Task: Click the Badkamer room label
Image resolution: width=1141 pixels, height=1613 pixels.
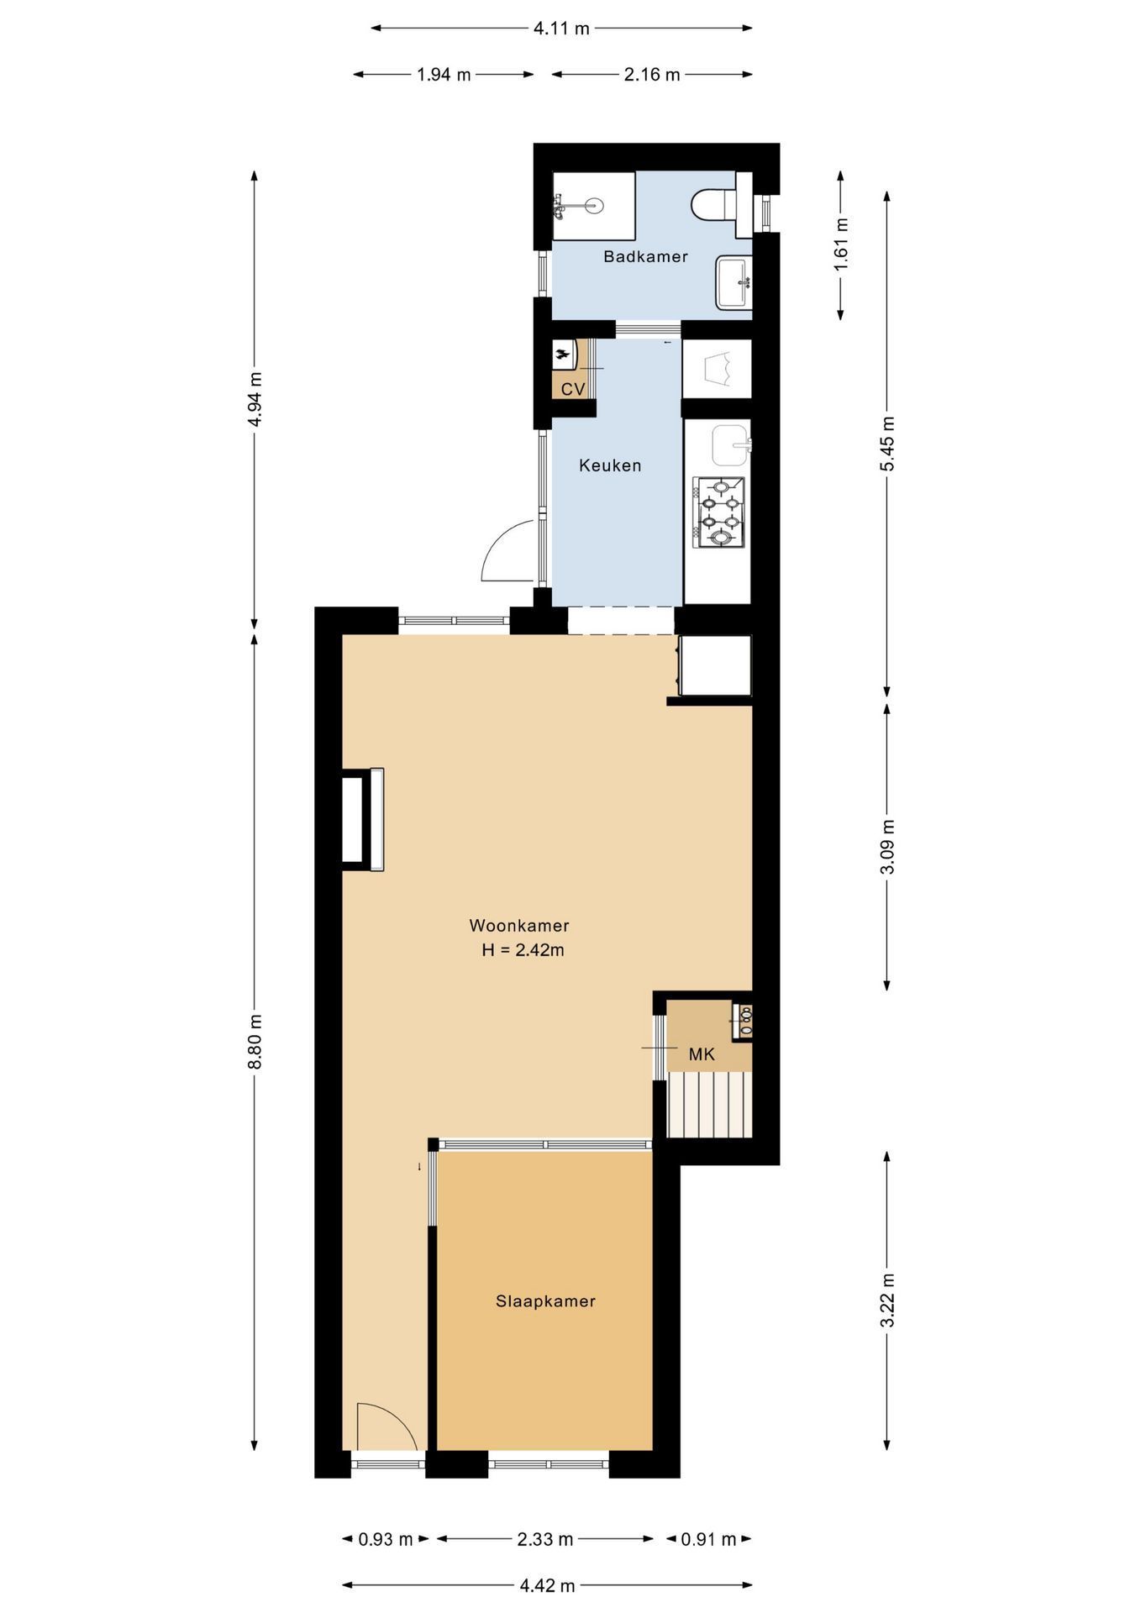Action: tap(645, 257)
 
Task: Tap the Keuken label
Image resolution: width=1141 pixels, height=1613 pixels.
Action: tap(610, 465)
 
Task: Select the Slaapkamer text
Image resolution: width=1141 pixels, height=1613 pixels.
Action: tap(545, 1301)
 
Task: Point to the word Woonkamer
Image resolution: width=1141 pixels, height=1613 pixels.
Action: tap(519, 926)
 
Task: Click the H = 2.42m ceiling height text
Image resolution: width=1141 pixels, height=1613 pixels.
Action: tap(523, 950)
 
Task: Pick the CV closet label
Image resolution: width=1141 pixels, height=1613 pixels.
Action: tap(573, 390)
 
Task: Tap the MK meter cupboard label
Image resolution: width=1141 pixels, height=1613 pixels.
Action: tap(702, 1054)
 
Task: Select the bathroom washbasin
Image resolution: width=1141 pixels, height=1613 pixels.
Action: tap(733, 282)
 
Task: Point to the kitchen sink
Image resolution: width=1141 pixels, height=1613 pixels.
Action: tap(731, 445)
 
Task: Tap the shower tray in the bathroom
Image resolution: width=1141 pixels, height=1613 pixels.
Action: tap(593, 207)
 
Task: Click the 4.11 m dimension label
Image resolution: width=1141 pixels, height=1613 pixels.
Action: tap(561, 29)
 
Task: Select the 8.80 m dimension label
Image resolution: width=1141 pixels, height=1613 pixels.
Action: tap(255, 1042)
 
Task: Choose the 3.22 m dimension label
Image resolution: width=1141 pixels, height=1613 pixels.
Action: tap(887, 1300)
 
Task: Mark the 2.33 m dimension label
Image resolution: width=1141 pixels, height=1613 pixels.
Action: tap(544, 1540)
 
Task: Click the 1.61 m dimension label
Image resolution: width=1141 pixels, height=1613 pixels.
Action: tap(841, 244)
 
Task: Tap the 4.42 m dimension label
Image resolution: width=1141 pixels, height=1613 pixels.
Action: tap(547, 1586)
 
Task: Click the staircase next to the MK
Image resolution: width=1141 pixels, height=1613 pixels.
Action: tap(710, 1105)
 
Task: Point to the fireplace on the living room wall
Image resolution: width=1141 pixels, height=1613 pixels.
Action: tap(363, 820)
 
